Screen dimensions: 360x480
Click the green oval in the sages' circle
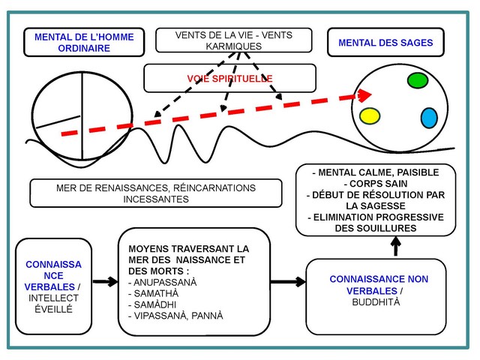coord(417,80)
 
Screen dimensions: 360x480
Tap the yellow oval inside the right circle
coord(370,115)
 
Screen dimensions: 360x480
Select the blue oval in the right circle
coord(429,118)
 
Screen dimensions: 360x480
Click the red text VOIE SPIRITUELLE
coord(229,78)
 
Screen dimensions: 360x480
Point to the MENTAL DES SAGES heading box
coord(385,43)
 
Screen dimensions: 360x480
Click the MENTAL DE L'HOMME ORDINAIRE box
coord(73,43)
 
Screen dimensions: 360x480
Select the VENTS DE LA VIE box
coord(233,40)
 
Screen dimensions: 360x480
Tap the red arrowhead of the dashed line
coord(364,95)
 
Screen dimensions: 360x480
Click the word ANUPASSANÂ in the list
coord(165,282)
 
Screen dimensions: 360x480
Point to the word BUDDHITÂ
coord(376,301)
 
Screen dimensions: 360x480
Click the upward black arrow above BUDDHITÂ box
coord(396,244)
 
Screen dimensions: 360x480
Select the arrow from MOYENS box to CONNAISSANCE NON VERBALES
coord(287,282)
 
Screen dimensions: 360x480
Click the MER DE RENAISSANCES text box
coord(156,193)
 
